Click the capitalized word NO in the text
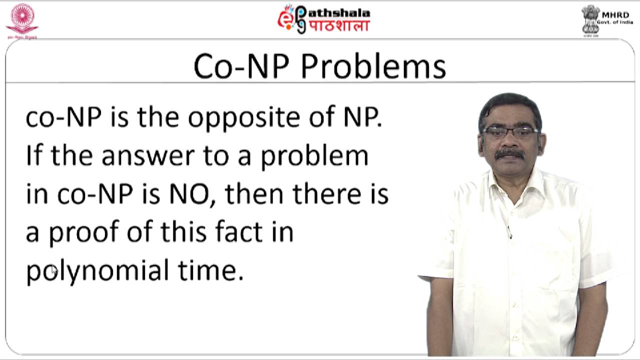coord(191,194)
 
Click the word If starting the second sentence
coord(35,156)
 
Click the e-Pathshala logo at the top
coord(323,19)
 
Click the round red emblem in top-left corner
coord(21,19)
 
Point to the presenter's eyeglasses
coord(510,132)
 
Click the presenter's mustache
coord(509,153)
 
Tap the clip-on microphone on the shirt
coord(509,231)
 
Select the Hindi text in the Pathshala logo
coord(338,26)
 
